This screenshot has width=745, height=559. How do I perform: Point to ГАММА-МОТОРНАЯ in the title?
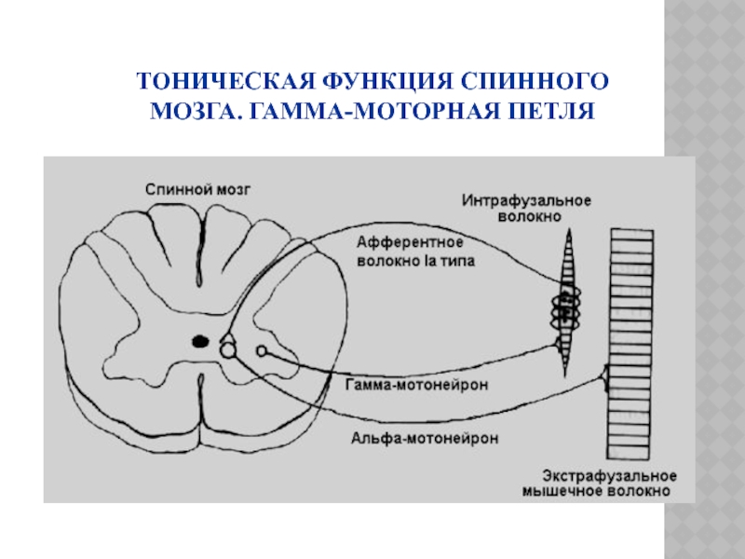coord(369,113)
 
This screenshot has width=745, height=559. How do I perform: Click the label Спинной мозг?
coord(197,187)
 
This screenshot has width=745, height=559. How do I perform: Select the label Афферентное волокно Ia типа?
coord(415,252)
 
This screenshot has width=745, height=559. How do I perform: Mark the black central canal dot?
coord(199,342)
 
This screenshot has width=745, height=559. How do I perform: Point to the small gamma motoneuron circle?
coord(262,351)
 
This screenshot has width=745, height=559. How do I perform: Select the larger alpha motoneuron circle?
coord(228,350)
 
